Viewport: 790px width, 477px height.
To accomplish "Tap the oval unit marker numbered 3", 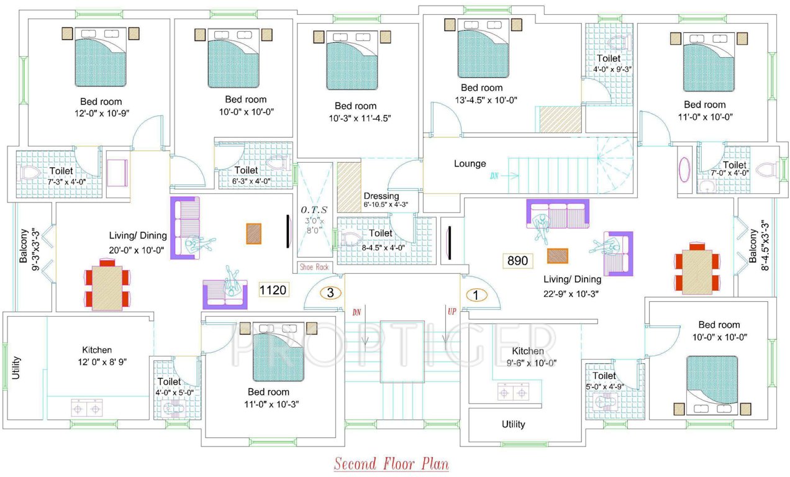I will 330,293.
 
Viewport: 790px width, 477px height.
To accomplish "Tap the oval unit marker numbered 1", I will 476,296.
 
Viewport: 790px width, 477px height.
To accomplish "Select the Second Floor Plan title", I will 391,464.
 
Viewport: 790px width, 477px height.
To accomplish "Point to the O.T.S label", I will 314,209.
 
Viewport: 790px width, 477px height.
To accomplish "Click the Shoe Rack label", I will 314,267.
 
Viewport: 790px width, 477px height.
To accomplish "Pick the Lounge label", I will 470,164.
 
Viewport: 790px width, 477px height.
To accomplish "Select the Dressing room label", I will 381,196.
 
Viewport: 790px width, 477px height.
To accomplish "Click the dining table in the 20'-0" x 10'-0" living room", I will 107,288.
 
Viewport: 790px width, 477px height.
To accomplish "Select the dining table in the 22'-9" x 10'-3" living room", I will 697,271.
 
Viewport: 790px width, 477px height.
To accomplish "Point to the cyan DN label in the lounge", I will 494,176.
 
